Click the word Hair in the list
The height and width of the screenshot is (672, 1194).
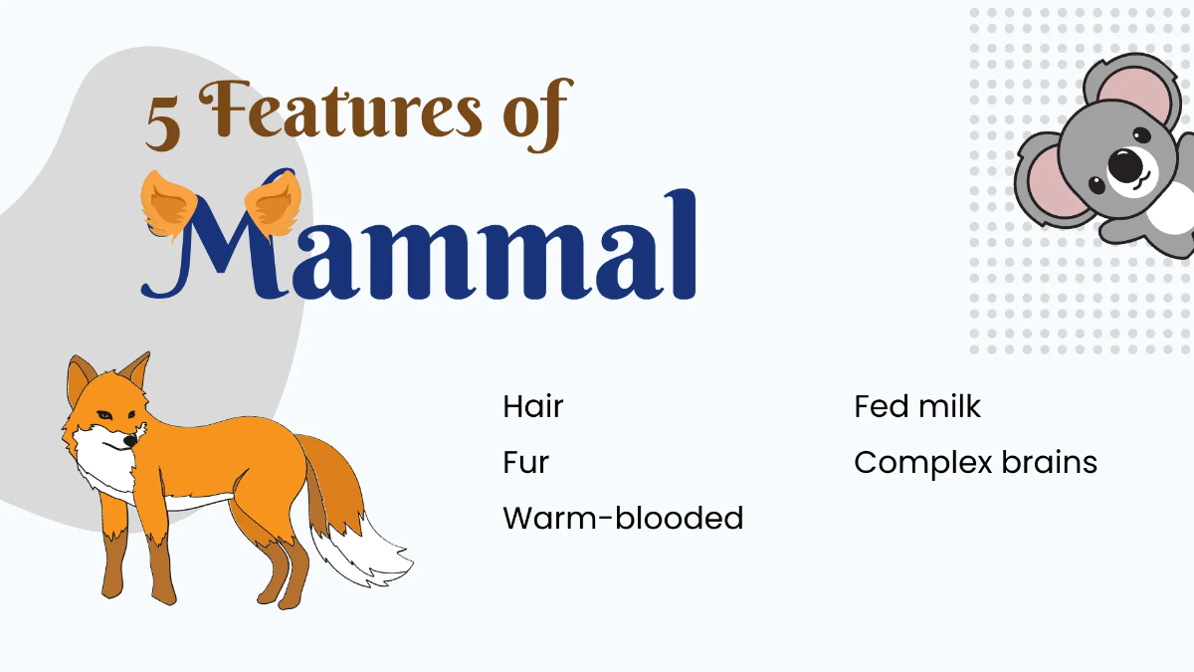coord(533,406)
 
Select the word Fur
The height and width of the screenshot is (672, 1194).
coord(525,463)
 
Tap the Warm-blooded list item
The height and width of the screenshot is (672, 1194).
coord(623,519)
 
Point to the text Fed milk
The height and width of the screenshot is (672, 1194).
coord(917,406)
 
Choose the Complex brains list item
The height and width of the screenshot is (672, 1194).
coord(975,463)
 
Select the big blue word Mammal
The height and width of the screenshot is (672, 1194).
coord(418,247)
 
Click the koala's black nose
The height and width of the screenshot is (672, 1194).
coord(1125,164)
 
